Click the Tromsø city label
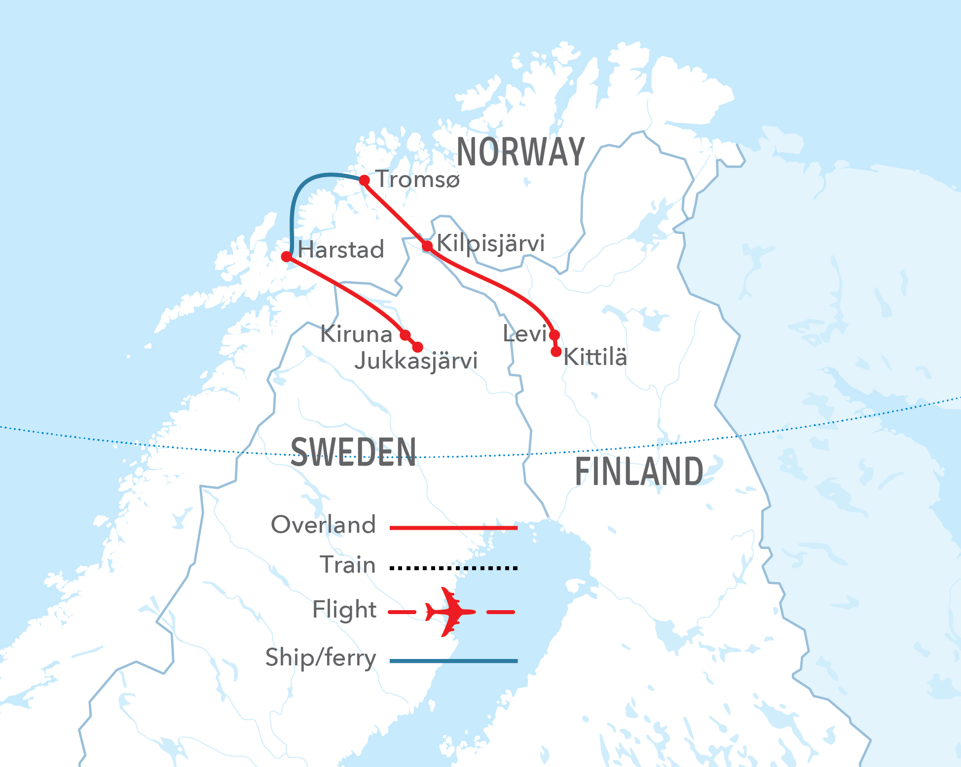[418, 179]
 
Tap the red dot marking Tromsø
[364, 181]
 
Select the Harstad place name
[341, 250]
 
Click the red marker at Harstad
[287, 256]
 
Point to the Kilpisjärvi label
[491, 243]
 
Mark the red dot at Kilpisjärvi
[427, 246]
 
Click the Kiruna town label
[356, 334]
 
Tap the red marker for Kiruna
[405, 335]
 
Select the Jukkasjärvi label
[416, 361]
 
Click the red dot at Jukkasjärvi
[417, 347]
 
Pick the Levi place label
[524, 334]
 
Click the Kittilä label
[595, 357]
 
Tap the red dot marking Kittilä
[556, 352]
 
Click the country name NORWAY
[520, 152]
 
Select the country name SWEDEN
[353, 452]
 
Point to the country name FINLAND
[639, 472]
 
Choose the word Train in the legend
[348, 565]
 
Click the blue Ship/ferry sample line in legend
[453, 660]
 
